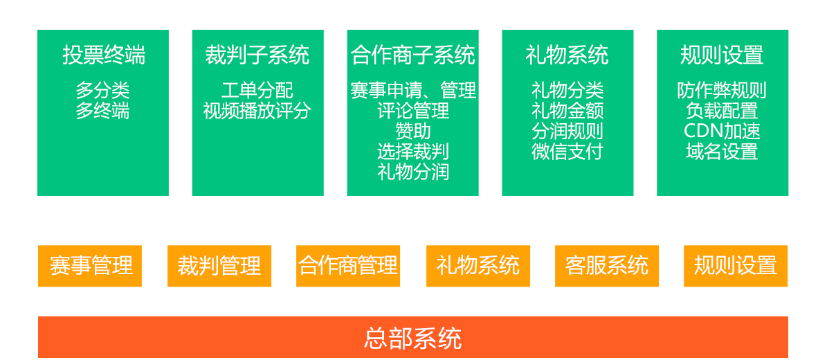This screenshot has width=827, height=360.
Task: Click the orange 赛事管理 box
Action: [x=89, y=266]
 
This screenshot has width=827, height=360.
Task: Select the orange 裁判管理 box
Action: [x=219, y=266]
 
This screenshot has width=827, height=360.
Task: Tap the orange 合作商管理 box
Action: [x=348, y=266]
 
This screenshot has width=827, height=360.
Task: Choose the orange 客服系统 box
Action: [x=607, y=266]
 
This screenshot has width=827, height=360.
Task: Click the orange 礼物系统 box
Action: [x=478, y=266]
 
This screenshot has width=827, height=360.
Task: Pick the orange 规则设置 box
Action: [x=736, y=266]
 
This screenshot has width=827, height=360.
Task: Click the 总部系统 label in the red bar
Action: [x=412, y=339]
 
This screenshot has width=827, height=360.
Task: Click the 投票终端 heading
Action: [x=103, y=55]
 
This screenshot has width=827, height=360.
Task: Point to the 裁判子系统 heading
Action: [x=257, y=55]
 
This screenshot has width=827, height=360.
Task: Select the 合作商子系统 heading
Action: [x=412, y=55]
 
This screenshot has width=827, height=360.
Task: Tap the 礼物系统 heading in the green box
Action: [x=567, y=55]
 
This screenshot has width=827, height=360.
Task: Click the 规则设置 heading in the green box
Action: [x=723, y=55]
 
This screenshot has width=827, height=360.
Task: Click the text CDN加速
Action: [x=723, y=131]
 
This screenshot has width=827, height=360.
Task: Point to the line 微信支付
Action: [x=567, y=152]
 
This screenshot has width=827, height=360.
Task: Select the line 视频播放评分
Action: [x=257, y=111]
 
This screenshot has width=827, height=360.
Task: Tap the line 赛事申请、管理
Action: [x=412, y=91]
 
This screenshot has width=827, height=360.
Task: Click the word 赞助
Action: [x=412, y=131]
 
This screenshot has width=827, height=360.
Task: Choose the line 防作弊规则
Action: [x=723, y=91]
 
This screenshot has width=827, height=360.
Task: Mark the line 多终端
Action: [x=103, y=111]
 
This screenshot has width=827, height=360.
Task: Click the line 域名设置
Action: [x=723, y=152]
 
